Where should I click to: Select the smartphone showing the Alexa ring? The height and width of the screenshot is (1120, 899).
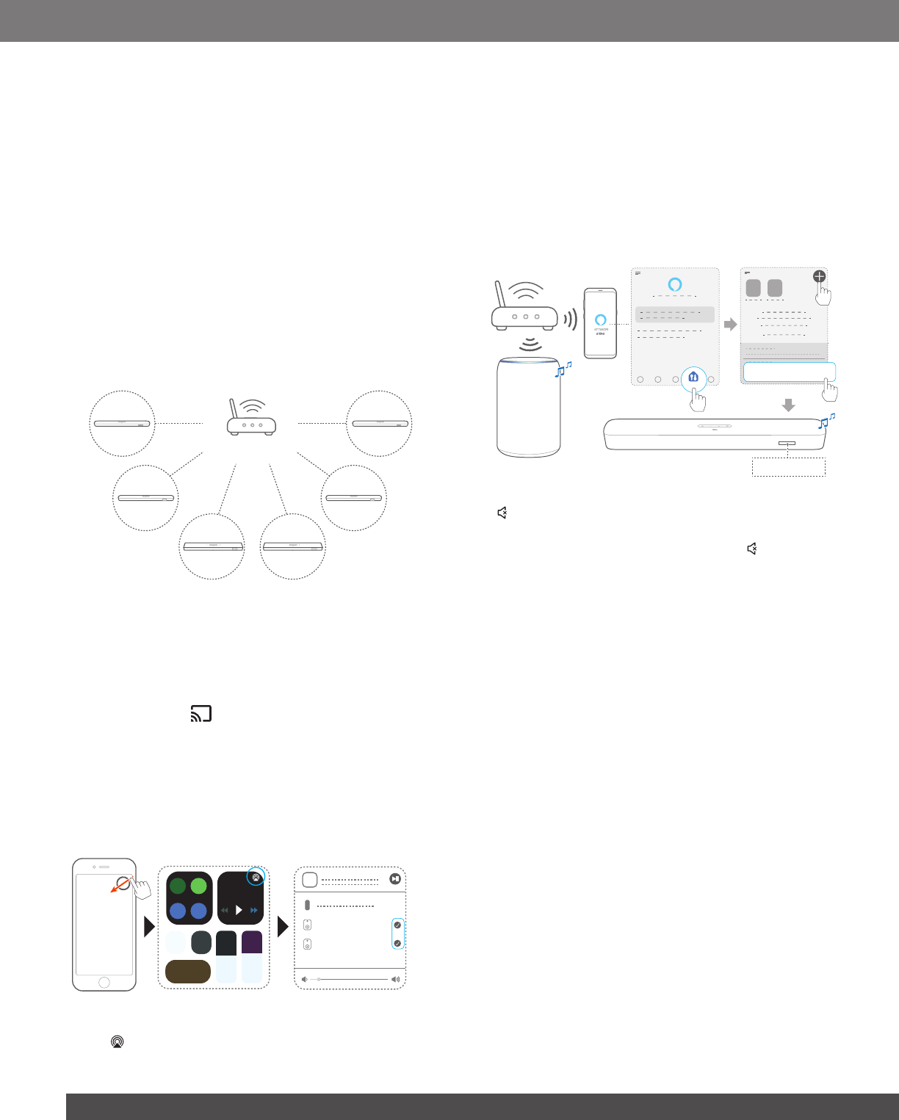coord(600,323)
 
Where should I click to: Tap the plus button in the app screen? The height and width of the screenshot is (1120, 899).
coord(819,277)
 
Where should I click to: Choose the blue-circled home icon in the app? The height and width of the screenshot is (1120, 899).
coord(693,377)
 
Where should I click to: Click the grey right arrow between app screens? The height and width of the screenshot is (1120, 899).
coord(730,324)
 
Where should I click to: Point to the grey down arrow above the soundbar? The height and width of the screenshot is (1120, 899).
coord(788,405)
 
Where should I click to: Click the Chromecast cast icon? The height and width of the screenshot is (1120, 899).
coord(201,713)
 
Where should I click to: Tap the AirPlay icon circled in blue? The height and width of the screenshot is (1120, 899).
coord(255,877)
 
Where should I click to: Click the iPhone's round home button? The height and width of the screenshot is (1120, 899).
coord(104,983)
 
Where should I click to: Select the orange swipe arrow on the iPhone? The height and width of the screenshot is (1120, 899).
coord(118,886)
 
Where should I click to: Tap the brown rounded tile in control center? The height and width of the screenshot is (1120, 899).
coord(188,971)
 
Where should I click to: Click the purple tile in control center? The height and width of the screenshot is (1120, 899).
coord(252,942)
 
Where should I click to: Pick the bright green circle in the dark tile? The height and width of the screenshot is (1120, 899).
coord(198,886)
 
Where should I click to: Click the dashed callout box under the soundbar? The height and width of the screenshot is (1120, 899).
coord(788,467)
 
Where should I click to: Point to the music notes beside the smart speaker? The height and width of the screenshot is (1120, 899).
coord(563,369)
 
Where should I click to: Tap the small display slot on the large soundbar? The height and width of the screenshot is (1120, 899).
coord(787,444)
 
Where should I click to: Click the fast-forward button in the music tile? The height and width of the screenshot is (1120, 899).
coord(254,911)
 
